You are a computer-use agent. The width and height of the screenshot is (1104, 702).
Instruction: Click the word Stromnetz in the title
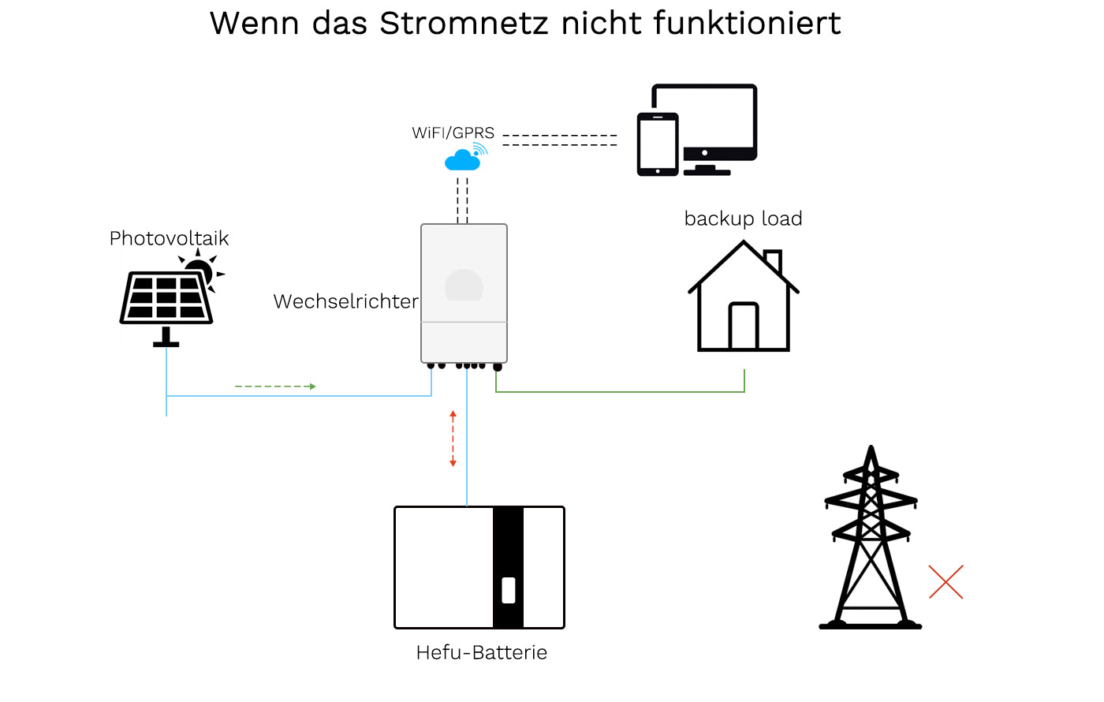pyautogui.click(x=463, y=24)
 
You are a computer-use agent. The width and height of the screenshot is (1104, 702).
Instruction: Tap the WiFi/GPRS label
pyautogui.click(x=453, y=133)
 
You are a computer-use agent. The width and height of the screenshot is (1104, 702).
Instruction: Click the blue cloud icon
pyautogui.click(x=462, y=161)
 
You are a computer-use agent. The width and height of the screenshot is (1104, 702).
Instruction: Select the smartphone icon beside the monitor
pyautogui.click(x=658, y=144)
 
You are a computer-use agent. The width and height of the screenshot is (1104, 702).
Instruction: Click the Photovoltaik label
pyautogui.click(x=169, y=238)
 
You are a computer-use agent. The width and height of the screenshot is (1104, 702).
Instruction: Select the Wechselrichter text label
pyautogui.click(x=345, y=301)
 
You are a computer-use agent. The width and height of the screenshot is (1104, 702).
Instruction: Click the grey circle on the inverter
pyautogui.click(x=464, y=286)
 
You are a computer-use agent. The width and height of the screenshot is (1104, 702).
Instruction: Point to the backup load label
pyautogui.click(x=743, y=218)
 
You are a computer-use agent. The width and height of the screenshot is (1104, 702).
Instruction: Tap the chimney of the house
pyautogui.click(x=774, y=260)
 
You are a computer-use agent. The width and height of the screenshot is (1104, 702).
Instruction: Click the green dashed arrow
pyautogui.click(x=275, y=386)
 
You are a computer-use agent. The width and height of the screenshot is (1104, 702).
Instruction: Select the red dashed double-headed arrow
pyautogui.click(x=453, y=439)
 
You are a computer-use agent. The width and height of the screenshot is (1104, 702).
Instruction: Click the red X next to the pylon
pyautogui.click(x=945, y=582)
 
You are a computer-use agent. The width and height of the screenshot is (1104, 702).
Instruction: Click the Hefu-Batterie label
pyautogui.click(x=481, y=652)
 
